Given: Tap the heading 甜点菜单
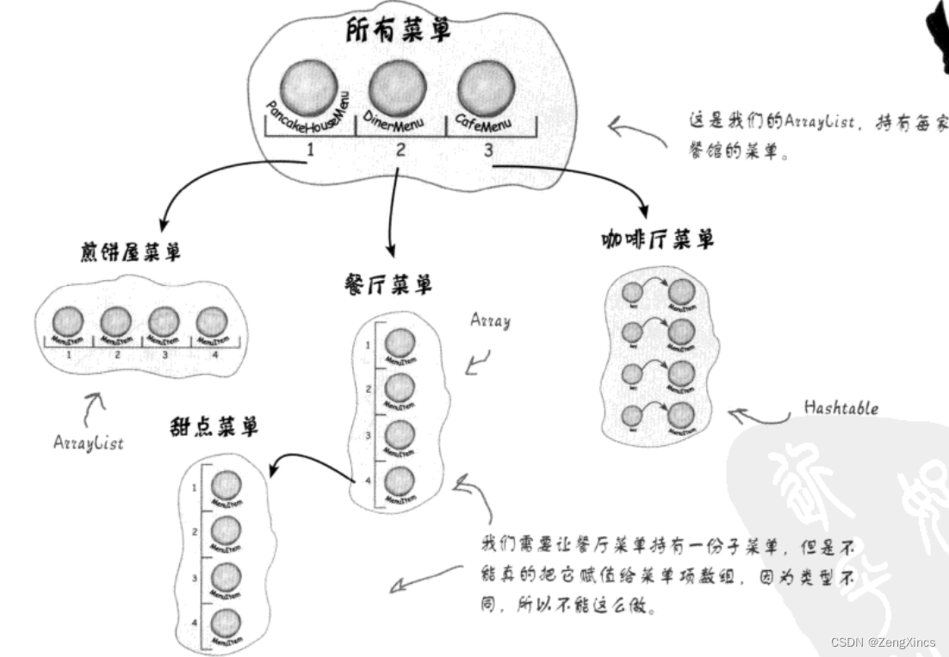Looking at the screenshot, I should click(214, 425).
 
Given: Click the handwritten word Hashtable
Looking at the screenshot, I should click(840, 407).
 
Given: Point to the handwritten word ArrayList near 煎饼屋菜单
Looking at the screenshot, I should click(89, 443).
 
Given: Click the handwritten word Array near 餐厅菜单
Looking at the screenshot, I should click(490, 321).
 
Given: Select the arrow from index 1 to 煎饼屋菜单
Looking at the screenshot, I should click(207, 181).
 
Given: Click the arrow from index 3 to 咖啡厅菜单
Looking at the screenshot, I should click(594, 177).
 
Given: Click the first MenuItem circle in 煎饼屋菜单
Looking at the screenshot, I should click(68, 322).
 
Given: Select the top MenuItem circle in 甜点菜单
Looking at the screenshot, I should click(226, 485).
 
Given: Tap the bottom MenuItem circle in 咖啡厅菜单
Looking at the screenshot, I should click(680, 416).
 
